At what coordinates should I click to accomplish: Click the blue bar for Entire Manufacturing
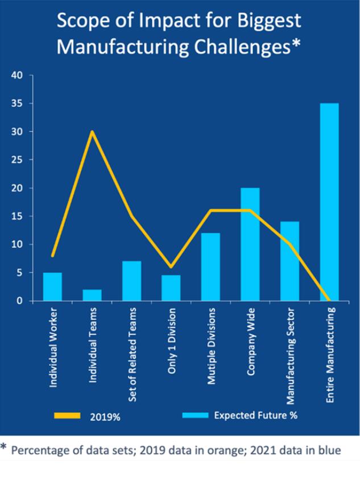pyautogui.click(x=329, y=202)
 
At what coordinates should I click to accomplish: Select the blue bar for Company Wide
pyautogui.click(x=250, y=244)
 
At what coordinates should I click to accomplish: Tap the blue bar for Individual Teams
pyautogui.click(x=92, y=295)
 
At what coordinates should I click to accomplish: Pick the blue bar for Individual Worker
pyautogui.click(x=53, y=286)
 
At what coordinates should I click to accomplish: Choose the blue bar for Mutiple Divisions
pyautogui.click(x=210, y=266)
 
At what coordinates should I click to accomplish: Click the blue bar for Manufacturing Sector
pyautogui.click(x=289, y=261)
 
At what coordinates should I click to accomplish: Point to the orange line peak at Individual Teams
pyautogui.click(x=92, y=132)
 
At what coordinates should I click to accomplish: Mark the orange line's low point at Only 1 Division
pyautogui.click(x=171, y=266)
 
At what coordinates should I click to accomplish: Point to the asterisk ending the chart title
pyautogui.click(x=295, y=45)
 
